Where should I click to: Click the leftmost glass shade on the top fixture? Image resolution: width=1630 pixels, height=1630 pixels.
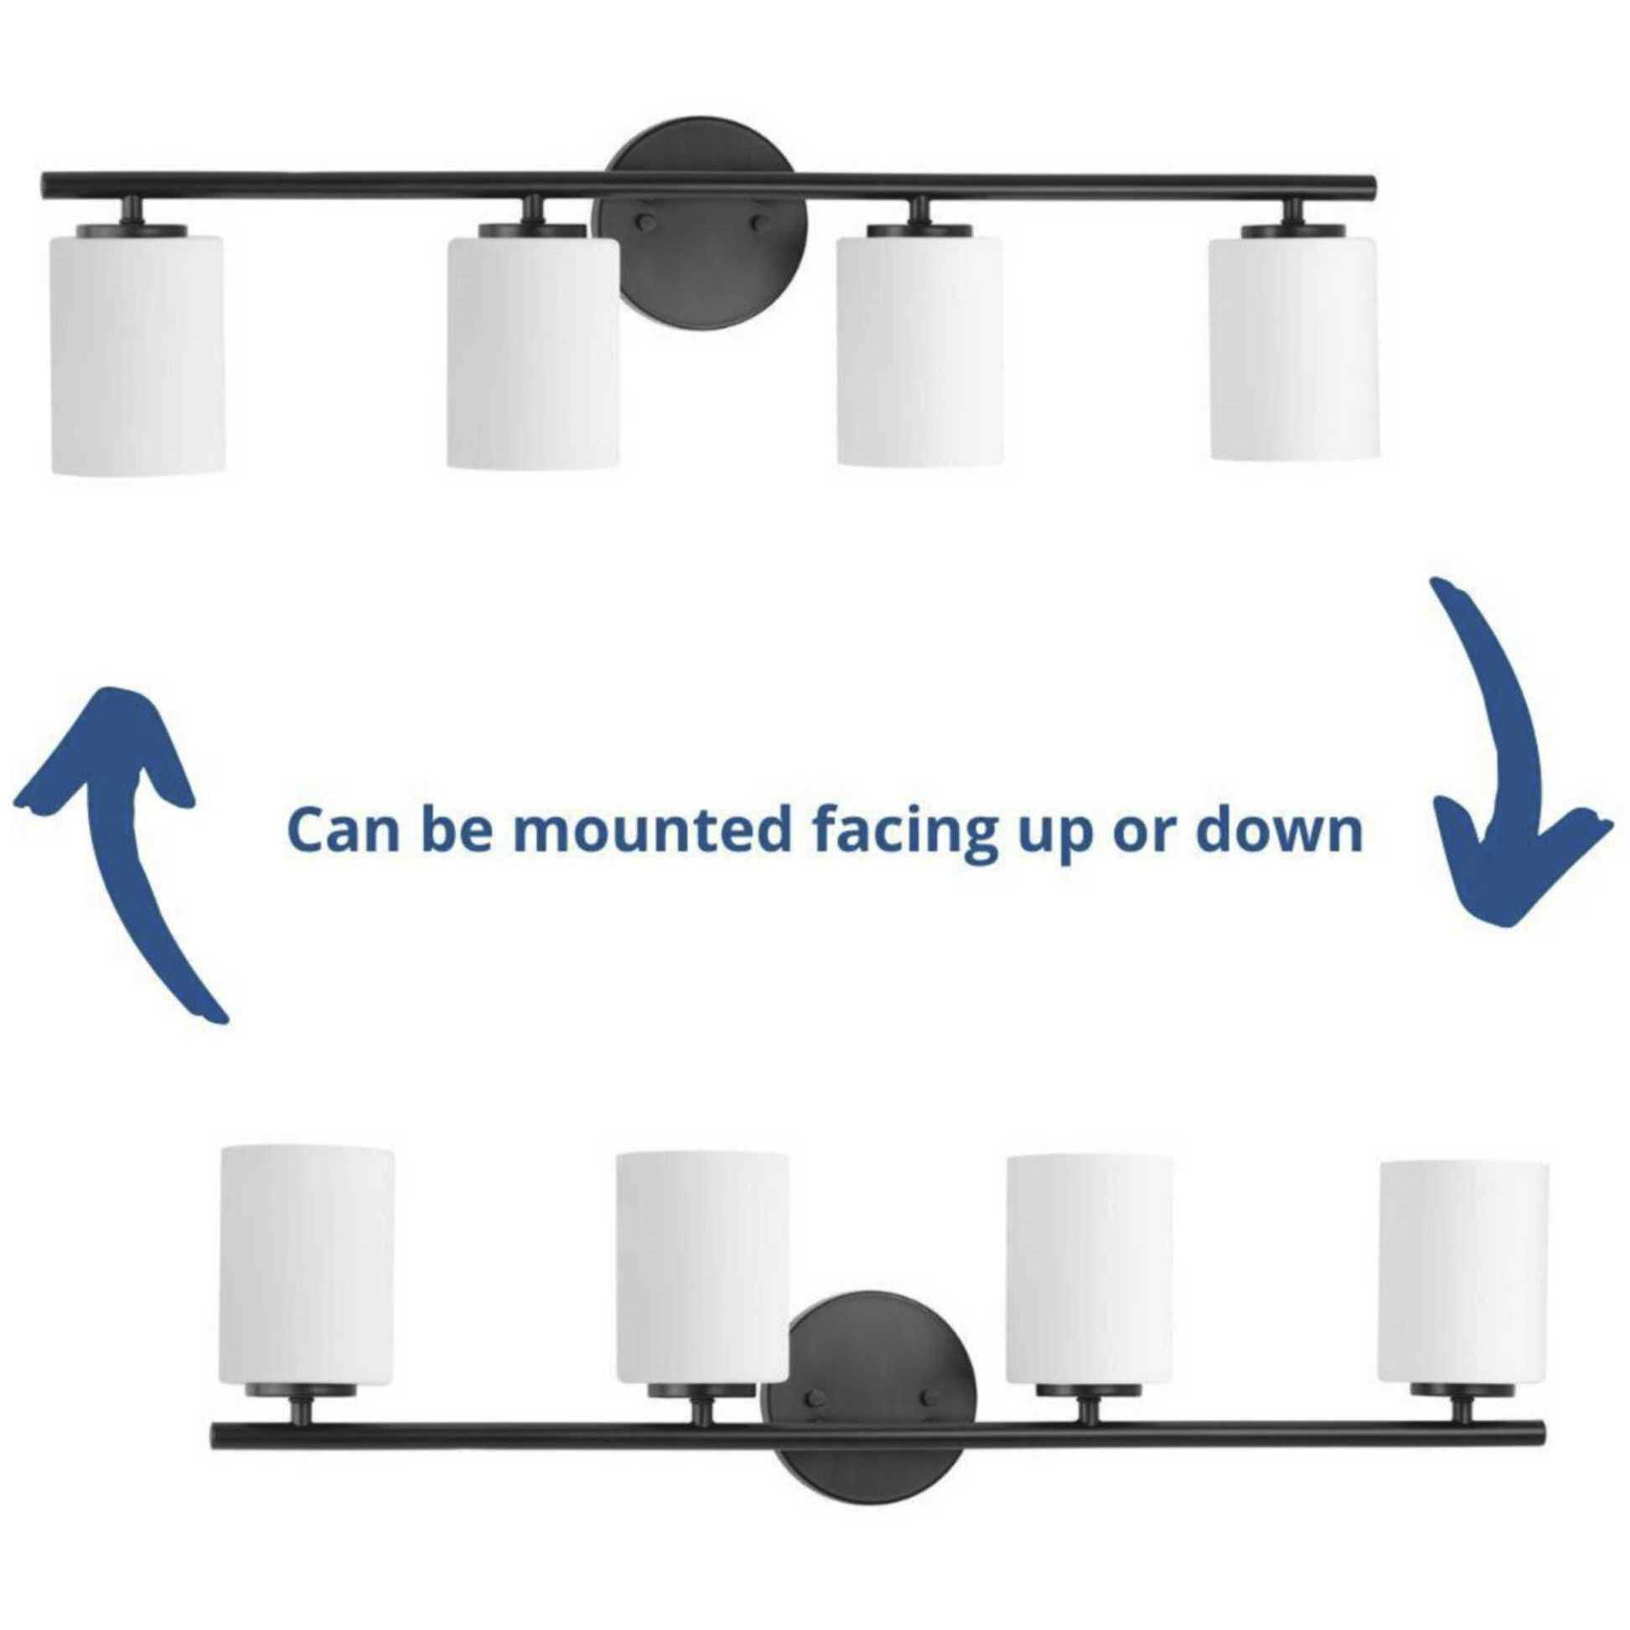(138, 354)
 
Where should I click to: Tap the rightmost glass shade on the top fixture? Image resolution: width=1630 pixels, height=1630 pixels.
(1295, 348)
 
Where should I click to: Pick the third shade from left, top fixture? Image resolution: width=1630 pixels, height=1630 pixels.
(919, 351)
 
